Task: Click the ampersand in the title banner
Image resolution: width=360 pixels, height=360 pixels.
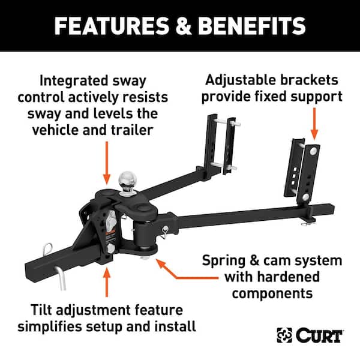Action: click(188, 26)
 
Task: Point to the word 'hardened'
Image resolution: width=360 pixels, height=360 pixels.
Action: click(293, 277)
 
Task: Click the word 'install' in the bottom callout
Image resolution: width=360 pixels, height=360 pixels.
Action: click(176, 326)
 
